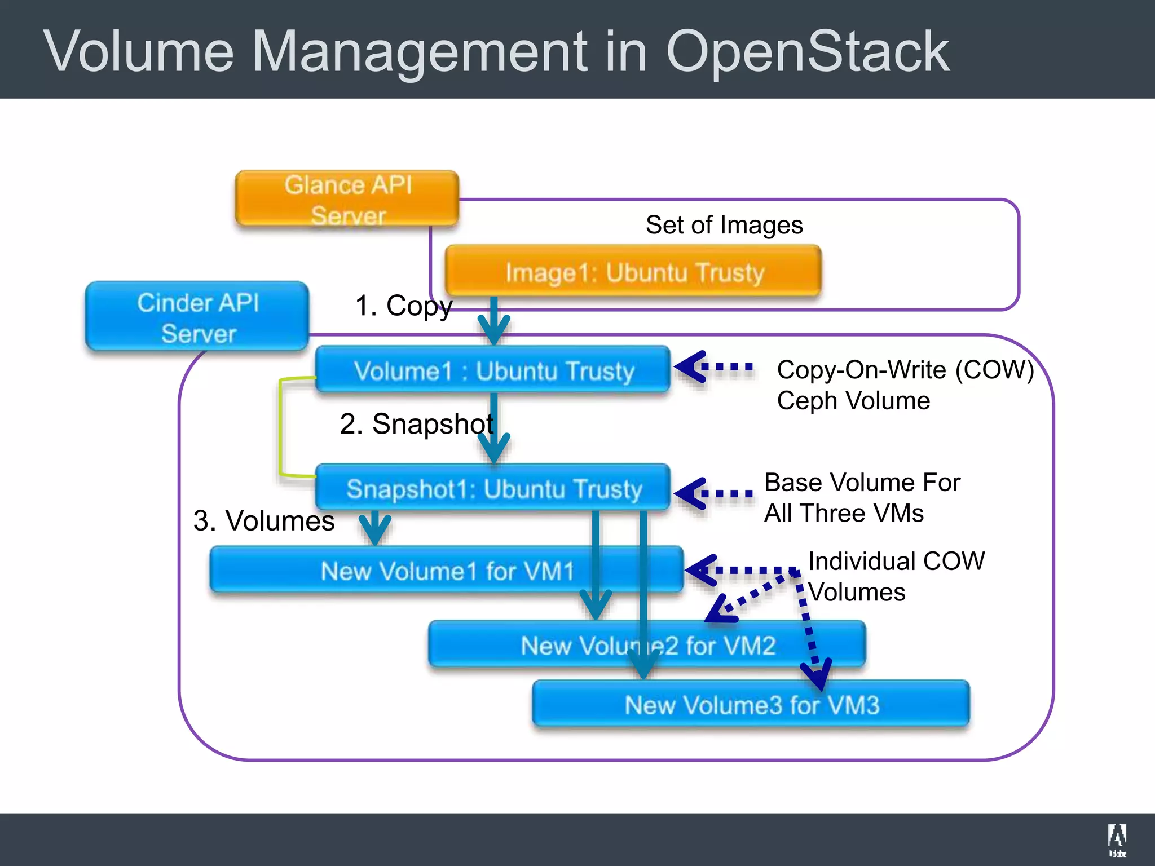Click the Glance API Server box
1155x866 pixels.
(x=347, y=199)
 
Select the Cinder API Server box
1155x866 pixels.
(x=197, y=317)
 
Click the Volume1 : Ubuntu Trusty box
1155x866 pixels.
(x=493, y=370)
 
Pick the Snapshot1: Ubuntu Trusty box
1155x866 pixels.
(x=493, y=488)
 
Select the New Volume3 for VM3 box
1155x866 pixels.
(x=751, y=704)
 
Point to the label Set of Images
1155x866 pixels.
(x=724, y=225)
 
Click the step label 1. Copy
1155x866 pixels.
(x=403, y=306)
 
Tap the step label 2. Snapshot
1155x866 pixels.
(x=416, y=423)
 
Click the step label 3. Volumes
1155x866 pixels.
(x=264, y=520)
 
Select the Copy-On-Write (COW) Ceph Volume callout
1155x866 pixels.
(x=905, y=385)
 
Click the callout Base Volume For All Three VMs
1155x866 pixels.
(x=861, y=498)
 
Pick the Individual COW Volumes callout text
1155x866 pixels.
(x=896, y=576)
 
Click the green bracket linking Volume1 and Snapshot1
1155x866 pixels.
(x=280, y=427)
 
